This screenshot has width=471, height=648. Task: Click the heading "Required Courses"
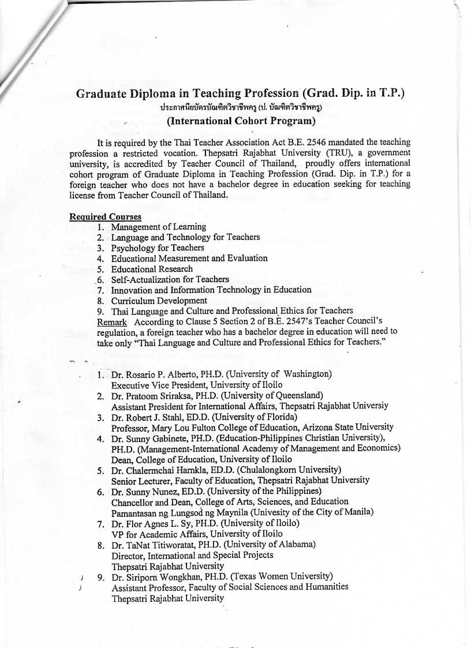(x=105, y=217)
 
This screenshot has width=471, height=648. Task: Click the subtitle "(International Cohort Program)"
(x=241, y=121)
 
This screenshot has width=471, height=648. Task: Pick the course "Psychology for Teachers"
(x=158, y=248)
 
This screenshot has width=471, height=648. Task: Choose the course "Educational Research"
(x=152, y=269)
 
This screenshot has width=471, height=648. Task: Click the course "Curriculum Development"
(x=159, y=300)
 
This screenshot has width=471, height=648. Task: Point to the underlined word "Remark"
(x=112, y=321)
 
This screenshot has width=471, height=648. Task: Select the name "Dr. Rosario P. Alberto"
(x=155, y=374)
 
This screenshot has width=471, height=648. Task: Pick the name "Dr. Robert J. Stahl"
(x=151, y=417)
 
